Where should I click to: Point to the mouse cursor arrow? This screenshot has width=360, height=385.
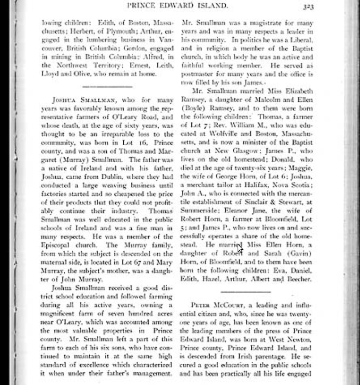click(240, 248)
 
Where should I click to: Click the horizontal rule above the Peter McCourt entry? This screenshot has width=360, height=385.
click(245, 292)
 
